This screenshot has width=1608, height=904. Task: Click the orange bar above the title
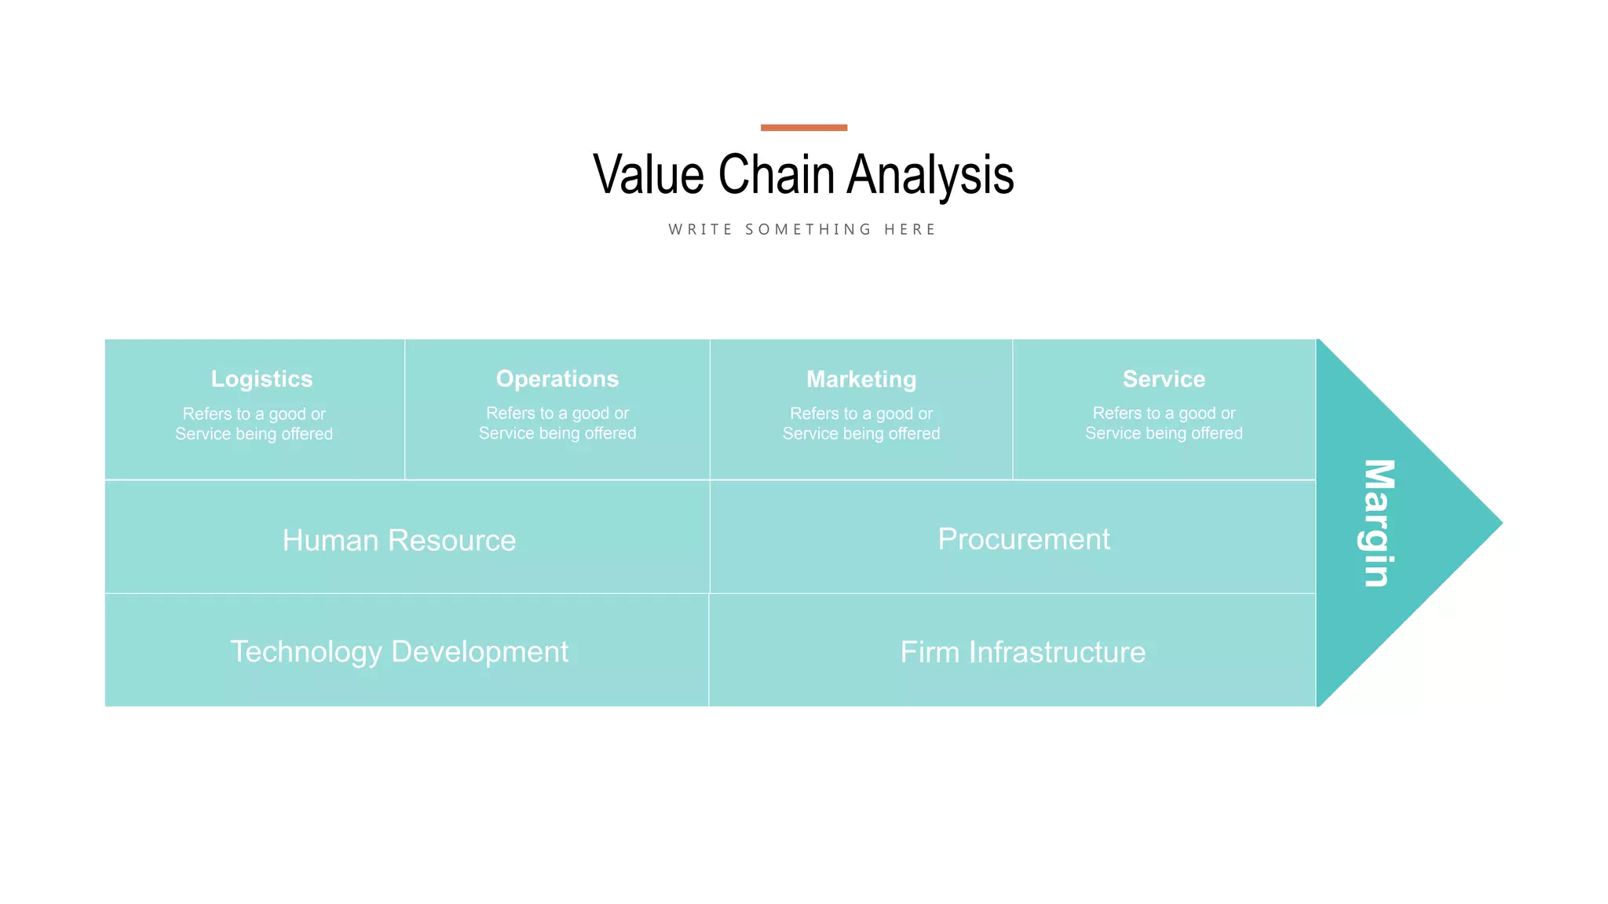pyautogui.click(x=803, y=127)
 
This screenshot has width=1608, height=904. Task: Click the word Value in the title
pyautogui.click(x=649, y=174)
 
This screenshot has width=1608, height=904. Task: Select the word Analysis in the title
pyautogui.click(x=930, y=174)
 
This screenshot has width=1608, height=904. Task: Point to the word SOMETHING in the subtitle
pyautogui.click(x=808, y=229)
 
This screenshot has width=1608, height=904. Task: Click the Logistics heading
pyautogui.click(x=261, y=379)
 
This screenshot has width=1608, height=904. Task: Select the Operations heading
pyautogui.click(x=557, y=379)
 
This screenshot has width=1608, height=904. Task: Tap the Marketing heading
pyautogui.click(x=861, y=380)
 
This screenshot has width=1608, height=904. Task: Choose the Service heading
pyautogui.click(x=1164, y=379)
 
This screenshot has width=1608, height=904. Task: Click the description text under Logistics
pyautogui.click(x=254, y=424)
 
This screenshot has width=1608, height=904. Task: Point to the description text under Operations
pyautogui.click(x=557, y=423)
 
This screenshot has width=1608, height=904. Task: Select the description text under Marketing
pyautogui.click(x=861, y=424)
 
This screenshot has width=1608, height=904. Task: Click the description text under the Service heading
pyautogui.click(x=1164, y=423)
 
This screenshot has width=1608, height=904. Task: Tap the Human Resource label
pyautogui.click(x=399, y=540)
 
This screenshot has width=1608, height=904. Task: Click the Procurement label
pyautogui.click(x=1024, y=539)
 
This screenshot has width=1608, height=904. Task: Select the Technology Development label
pyautogui.click(x=399, y=651)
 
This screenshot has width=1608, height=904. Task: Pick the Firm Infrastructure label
pyautogui.click(x=1022, y=652)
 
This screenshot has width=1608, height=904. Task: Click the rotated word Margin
pyautogui.click(x=1378, y=523)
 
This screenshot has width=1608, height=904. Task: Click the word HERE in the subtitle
pyautogui.click(x=909, y=229)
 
